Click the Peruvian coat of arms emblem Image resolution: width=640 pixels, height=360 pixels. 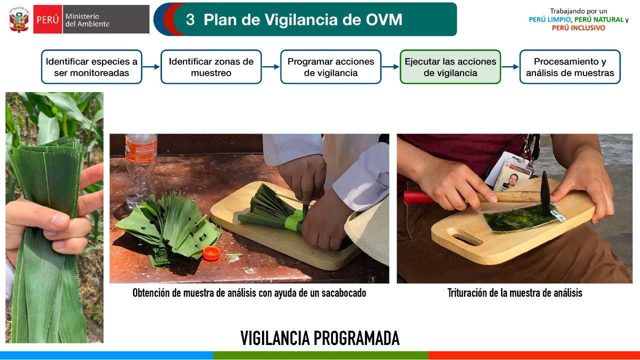19,19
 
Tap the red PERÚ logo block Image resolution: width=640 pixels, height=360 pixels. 47,19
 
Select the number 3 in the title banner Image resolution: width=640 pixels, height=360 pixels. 190,19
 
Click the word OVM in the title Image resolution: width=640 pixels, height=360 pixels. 384,19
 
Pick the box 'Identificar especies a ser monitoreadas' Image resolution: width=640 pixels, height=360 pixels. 91,67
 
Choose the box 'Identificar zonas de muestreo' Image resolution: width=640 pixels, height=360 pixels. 211,67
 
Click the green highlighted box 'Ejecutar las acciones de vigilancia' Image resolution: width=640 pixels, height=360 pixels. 450,67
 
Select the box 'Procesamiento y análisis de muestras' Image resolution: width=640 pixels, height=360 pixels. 570,67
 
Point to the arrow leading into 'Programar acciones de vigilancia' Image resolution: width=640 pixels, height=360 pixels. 271,67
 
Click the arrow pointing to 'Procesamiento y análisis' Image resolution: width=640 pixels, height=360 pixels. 510,67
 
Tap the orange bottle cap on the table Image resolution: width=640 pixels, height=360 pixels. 211,253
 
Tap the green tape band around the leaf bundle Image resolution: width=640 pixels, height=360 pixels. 295,220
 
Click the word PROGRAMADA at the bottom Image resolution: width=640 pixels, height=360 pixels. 356,338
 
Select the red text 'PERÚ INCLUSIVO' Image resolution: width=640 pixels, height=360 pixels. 578,28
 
